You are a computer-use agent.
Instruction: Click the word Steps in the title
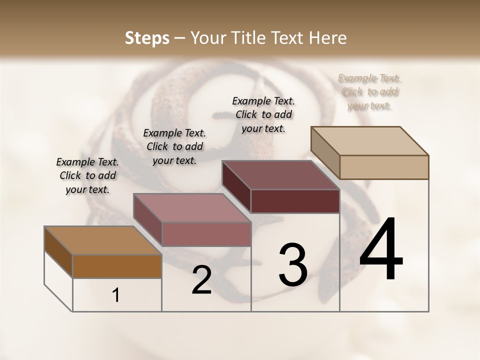click(x=147, y=38)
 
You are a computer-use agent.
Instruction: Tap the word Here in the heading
click(x=328, y=38)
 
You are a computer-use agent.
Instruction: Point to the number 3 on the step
click(x=292, y=265)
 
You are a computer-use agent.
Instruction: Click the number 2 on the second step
click(x=201, y=280)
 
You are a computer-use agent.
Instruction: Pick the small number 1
click(x=116, y=295)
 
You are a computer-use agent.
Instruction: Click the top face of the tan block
click(x=370, y=141)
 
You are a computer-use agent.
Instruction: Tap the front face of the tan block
click(x=384, y=167)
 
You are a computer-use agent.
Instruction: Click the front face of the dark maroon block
click(x=295, y=201)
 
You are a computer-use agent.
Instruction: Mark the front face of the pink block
click(x=206, y=234)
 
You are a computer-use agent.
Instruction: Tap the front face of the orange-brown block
click(x=117, y=266)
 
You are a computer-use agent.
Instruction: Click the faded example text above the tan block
click(x=369, y=92)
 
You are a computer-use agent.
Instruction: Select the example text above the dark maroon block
click(x=263, y=114)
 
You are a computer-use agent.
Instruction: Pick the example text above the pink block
click(x=174, y=146)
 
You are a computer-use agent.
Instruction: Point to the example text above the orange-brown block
click(x=87, y=175)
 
